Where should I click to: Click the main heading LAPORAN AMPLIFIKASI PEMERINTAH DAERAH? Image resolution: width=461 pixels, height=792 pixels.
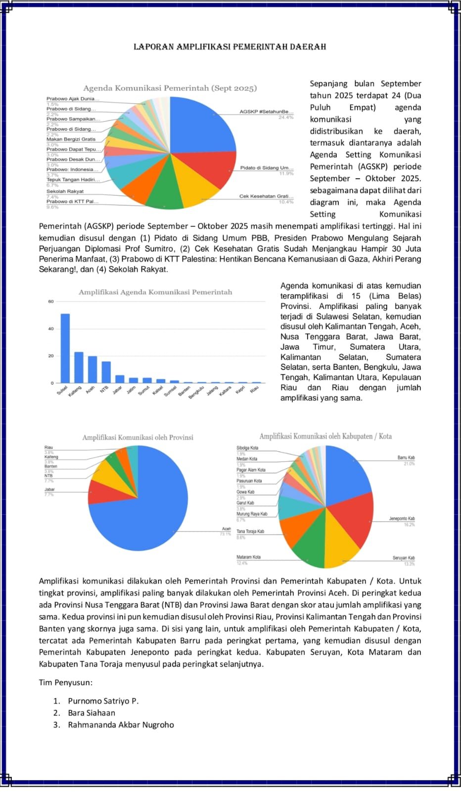(x=230, y=47)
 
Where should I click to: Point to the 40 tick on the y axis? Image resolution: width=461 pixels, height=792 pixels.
(x=51, y=329)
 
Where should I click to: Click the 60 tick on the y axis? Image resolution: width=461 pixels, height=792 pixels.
(x=51, y=301)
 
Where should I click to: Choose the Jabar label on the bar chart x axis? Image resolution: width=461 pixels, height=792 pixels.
(x=118, y=390)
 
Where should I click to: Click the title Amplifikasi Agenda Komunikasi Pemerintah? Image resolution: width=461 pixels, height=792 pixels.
(x=155, y=292)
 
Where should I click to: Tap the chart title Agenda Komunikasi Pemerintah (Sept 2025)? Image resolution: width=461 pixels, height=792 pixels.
(x=170, y=88)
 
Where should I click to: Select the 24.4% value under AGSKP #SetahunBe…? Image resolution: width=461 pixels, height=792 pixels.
(x=286, y=117)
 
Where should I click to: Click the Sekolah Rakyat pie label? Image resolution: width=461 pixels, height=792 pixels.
(x=65, y=191)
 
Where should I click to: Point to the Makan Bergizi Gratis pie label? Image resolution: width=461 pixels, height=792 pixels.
(x=71, y=139)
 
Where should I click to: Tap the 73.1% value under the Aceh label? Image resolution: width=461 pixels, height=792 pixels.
(x=225, y=534)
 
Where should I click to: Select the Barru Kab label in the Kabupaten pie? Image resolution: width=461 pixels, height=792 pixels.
(x=406, y=458)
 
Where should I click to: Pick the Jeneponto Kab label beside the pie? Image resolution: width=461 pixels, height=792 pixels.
(x=402, y=519)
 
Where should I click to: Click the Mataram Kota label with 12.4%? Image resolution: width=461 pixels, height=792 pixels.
(x=248, y=557)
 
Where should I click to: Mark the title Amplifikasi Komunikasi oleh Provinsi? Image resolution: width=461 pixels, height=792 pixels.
(x=138, y=438)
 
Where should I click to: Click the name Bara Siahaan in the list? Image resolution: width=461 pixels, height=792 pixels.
(x=92, y=713)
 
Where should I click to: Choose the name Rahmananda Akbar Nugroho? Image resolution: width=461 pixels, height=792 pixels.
(x=121, y=725)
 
